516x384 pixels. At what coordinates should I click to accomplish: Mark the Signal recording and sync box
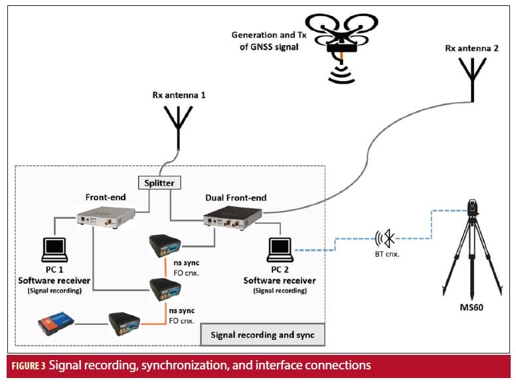(x=263, y=334)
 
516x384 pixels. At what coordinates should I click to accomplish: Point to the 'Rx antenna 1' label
(x=178, y=95)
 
